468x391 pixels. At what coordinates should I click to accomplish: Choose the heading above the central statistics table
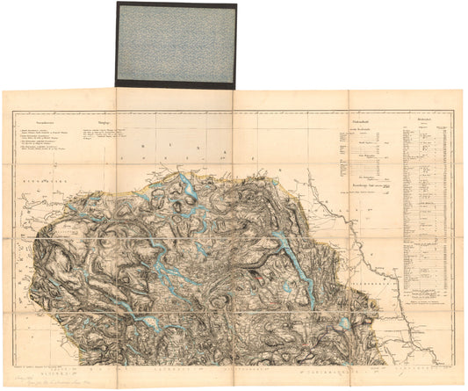pyautogui.click(x=361, y=120)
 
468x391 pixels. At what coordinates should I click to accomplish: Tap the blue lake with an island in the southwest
pyautogui.click(x=154, y=325)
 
